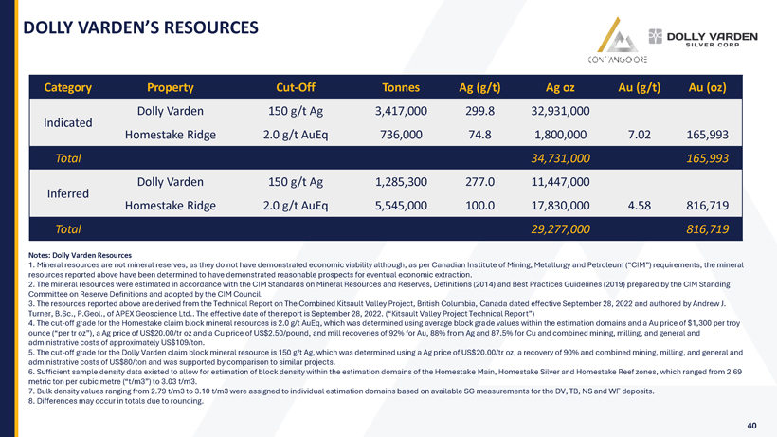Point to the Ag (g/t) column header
point(479,88)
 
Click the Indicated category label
point(68,122)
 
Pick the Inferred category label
point(68,192)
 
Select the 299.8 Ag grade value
point(479,112)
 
